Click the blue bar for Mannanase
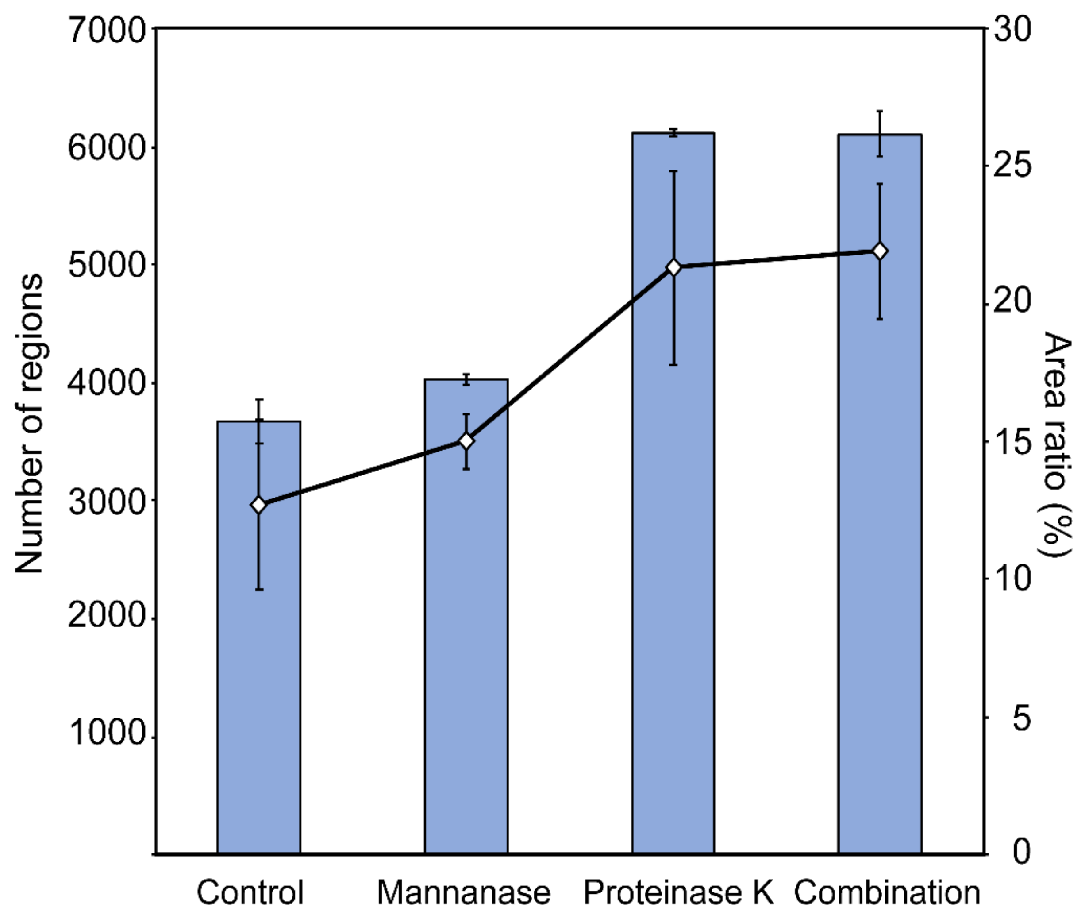466,651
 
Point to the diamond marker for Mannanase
466,441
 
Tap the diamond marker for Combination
880,251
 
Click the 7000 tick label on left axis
106,30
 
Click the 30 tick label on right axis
1012,29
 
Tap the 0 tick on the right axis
1021,853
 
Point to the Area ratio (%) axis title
1057,443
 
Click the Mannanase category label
463,892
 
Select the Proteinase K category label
678,892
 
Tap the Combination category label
887,892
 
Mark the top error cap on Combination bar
880,111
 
